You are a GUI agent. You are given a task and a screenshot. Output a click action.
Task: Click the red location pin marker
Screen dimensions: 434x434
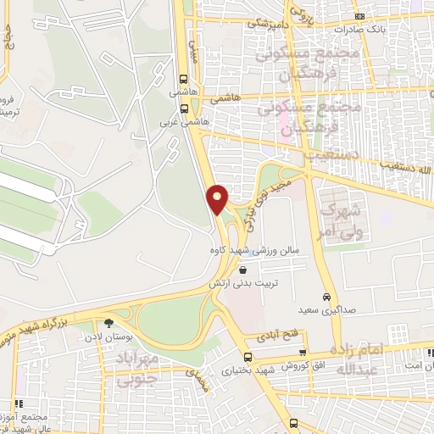(219, 199)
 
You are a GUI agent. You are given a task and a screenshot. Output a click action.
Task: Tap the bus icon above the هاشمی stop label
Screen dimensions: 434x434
(185, 81)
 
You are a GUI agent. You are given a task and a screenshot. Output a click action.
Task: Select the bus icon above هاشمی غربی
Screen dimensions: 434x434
(185, 108)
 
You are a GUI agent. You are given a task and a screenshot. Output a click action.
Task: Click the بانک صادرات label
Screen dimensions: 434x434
(359, 29)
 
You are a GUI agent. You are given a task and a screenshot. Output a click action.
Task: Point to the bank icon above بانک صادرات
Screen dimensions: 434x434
(359, 16)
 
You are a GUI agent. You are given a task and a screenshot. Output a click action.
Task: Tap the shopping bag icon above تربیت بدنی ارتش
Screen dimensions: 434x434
(243, 270)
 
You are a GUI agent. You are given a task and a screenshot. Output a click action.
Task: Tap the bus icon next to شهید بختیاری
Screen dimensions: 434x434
(248, 357)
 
